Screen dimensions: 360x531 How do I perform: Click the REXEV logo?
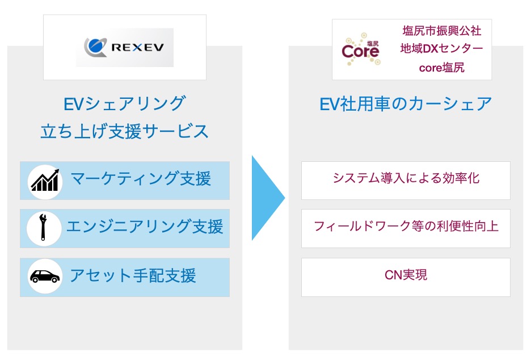pos(125,48)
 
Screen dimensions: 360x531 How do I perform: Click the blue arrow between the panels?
pos(268,198)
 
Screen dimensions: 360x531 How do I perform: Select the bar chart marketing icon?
pos(45,181)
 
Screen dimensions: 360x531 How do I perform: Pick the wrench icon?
pos(45,228)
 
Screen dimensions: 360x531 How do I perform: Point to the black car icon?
pos(45,277)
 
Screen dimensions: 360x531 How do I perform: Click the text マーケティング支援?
pos(141,179)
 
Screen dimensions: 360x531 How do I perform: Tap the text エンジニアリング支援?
pos(145,228)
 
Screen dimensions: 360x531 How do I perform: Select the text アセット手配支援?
pos(133,276)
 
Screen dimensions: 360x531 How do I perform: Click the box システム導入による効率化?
pos(406,180)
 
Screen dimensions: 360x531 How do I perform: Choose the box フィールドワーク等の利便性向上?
pos(406,228)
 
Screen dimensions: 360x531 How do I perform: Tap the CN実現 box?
pos(406,277)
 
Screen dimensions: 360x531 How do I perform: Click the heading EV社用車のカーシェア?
pos(406,104)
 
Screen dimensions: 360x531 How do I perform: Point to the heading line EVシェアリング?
pos(124,104)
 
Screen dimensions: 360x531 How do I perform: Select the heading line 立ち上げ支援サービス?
pos(124,132)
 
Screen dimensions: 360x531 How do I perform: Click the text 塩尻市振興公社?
pos(441,30)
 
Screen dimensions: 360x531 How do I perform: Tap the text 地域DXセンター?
pos(441,49)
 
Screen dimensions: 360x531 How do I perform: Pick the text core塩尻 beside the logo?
pos(441,68)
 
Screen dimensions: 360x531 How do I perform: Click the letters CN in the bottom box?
pos(392,276)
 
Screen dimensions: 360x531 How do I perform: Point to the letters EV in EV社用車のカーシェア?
pos(329,104)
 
